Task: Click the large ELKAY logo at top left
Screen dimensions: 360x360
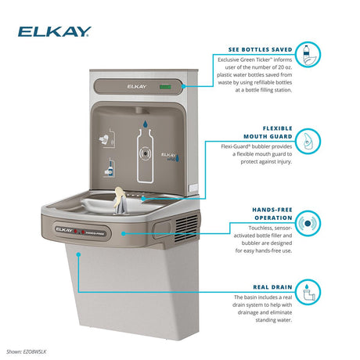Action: pyautogui.click(x=54, y=32)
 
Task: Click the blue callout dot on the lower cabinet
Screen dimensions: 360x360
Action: pyautogui.click(x=78, y=253)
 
